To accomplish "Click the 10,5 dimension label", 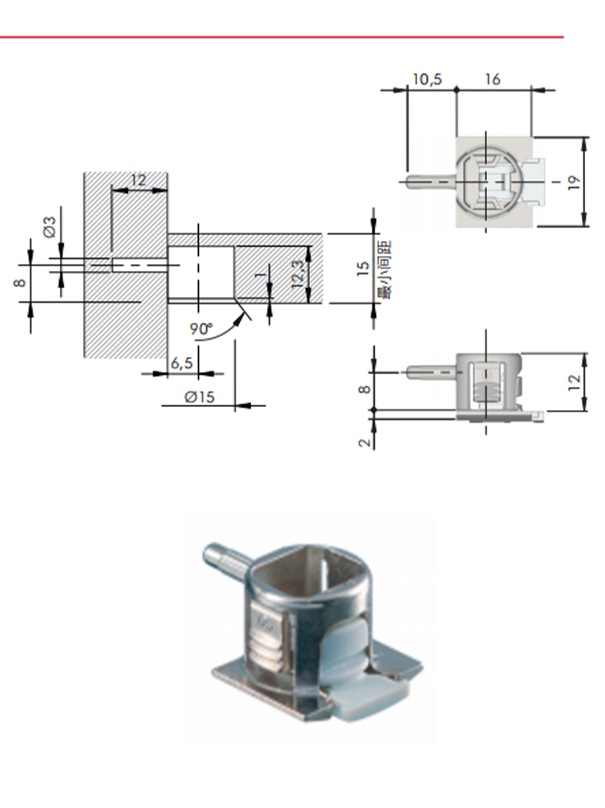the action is click(427, 79).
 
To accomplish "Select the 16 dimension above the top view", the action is click(492, 79).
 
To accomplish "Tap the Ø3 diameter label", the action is click(49, 227).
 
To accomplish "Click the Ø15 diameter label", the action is click(199, 397).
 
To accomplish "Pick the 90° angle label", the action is click(201, 328).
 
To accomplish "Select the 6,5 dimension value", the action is click(181, 363).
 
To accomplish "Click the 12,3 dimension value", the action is click(298, 274).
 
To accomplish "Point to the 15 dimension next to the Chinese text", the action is click(363, 269).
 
